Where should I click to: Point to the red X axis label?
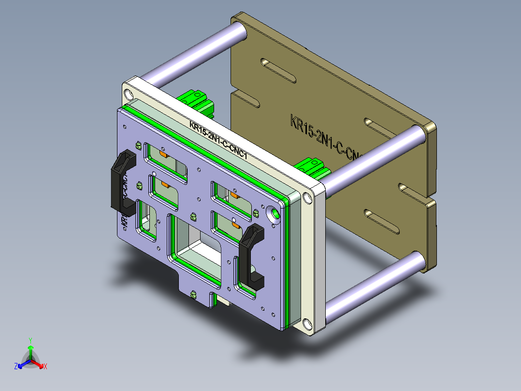45,367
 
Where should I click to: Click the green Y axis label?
30,340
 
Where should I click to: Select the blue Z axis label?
16,367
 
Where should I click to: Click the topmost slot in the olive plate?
278,70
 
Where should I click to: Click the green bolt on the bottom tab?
194,294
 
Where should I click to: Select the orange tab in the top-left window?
163,154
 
